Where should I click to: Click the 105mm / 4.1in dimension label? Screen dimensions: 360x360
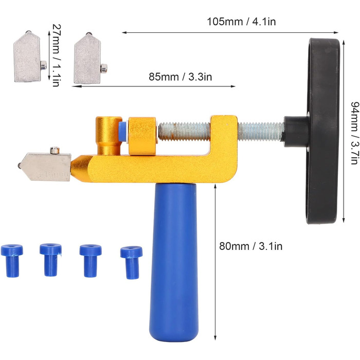[241, 22]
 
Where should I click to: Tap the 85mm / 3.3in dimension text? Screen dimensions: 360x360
[180, 77]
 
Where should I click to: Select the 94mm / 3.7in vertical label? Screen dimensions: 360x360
[354, 133]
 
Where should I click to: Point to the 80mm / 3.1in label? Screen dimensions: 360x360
[251, 246]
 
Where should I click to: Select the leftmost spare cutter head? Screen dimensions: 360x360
[29, 57]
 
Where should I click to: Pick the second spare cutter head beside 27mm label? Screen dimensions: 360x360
[89, 59]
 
